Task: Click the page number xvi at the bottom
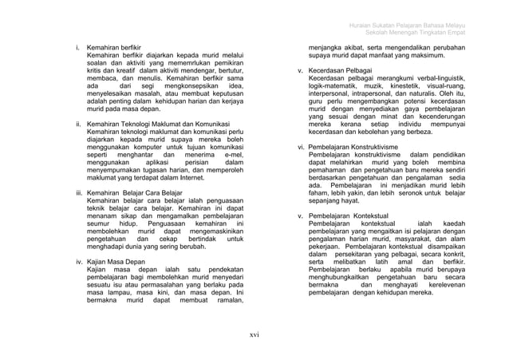point(254,334)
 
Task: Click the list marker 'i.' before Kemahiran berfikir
point(77,48)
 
